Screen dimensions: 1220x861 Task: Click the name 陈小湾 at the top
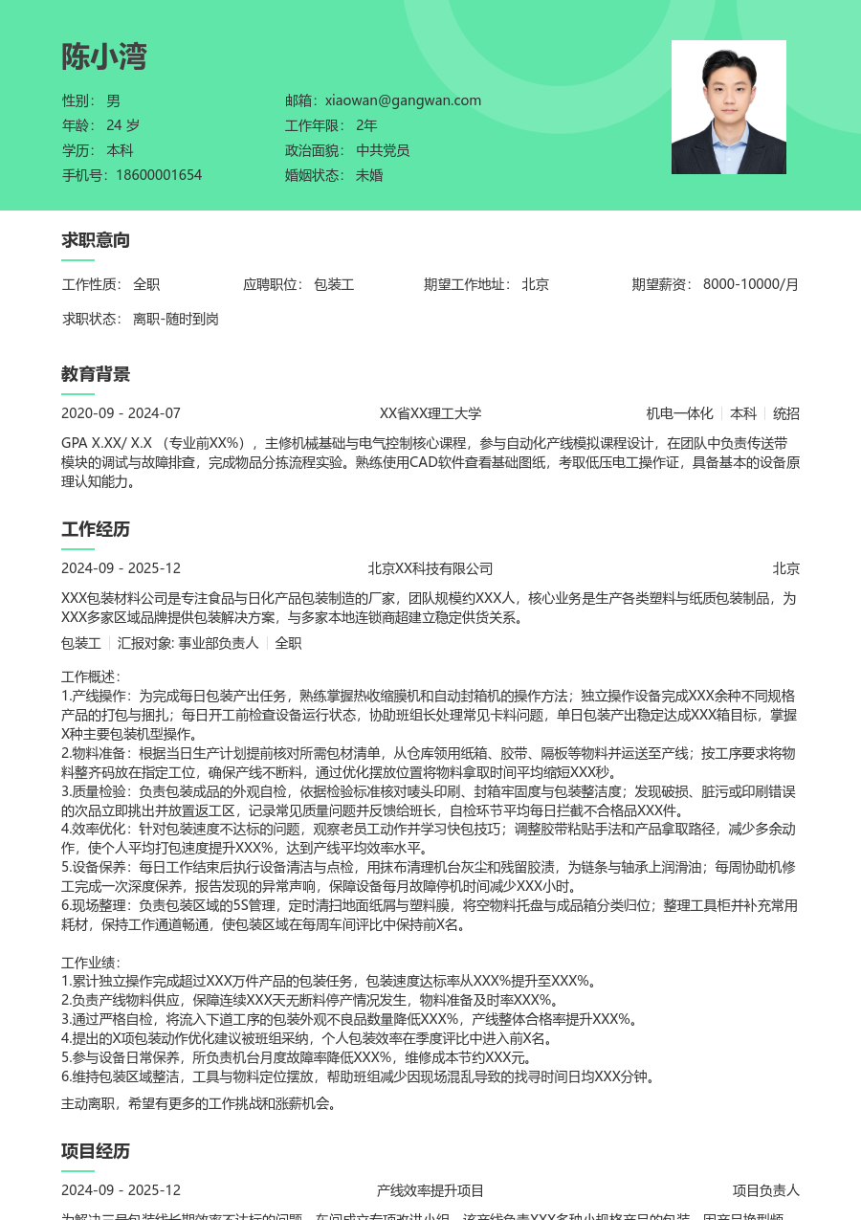click(104, 57)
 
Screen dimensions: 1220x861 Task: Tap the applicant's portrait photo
click(728, 107)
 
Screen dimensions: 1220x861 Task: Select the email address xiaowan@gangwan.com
click(403, 100)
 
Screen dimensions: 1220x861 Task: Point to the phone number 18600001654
click(159, 175)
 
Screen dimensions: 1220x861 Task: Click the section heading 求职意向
click(96, 240)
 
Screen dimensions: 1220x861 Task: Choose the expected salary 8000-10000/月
click(750, 284)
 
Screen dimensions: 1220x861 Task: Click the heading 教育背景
click(96, 374)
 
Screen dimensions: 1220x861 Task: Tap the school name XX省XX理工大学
click(430, 413)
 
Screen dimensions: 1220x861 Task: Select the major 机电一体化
click(679, 413)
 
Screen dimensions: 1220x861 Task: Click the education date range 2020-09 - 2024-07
click(121, 413)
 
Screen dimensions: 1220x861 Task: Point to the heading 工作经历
click(96, 529)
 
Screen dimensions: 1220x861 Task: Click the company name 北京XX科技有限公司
click(430, 568)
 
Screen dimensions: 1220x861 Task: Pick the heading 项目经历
click(96, 1151)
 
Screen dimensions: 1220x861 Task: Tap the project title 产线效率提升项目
click(430, 1190)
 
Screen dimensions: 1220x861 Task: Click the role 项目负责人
click(765, 1190)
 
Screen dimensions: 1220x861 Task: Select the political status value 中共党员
click(383, 150)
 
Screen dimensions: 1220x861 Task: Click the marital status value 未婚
click(369, 175)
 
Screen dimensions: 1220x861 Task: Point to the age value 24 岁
click(122, 125)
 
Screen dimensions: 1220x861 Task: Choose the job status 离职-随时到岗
click(176, 319)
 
